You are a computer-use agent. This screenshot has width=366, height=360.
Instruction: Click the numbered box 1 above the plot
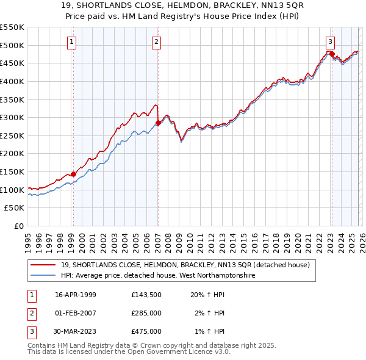coord(72,42)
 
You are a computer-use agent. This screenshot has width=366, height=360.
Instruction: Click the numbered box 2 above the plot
coord(157,42)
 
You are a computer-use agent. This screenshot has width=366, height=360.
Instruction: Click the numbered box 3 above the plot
coord(330,42)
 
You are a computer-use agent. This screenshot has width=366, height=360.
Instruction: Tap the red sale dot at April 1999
coord(74,174)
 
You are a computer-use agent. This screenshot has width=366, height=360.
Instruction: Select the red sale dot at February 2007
coord(158,123)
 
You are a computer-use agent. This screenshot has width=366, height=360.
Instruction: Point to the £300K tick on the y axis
coord(13,117)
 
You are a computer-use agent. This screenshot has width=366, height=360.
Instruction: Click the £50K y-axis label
coord(15,207)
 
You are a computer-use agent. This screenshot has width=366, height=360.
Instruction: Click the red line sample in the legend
coord(44,265)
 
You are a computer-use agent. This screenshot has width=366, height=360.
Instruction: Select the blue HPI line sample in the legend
coord(44,275)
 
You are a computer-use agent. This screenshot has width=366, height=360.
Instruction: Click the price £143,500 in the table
coord(146,294)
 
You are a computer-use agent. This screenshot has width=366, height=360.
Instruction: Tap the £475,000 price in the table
coord(146,331)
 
